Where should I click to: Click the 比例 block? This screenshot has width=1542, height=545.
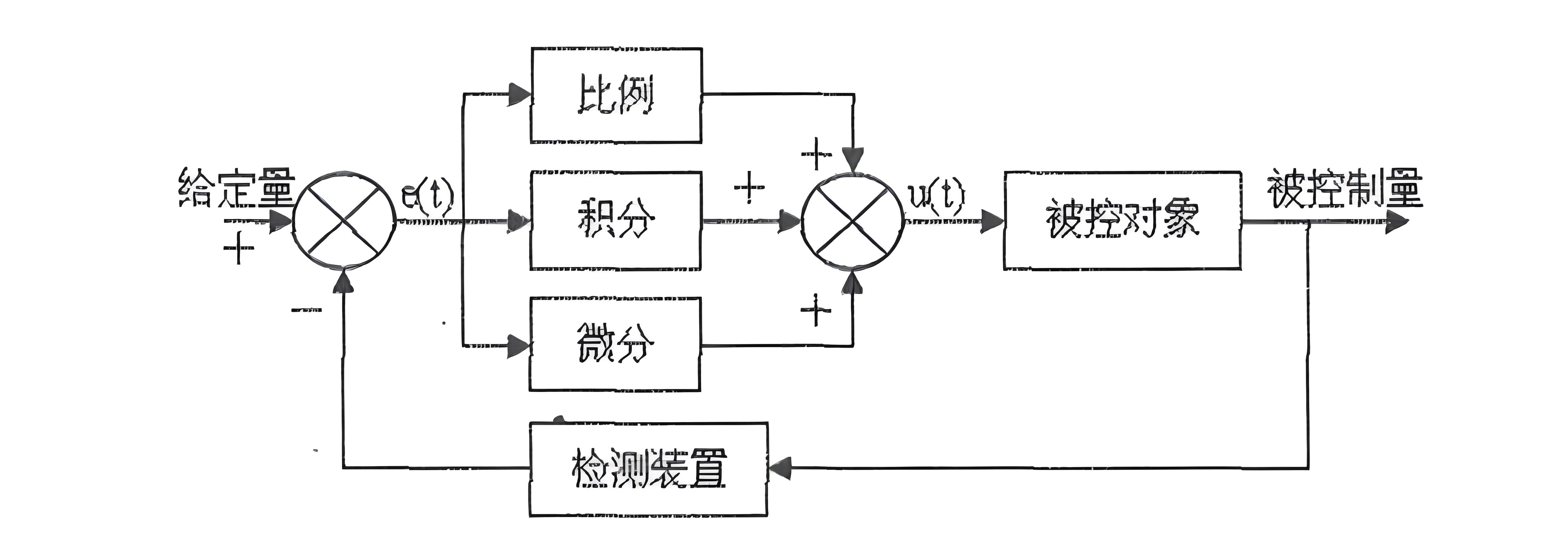[616, 96]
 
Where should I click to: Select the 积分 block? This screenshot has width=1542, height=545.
[616, 220]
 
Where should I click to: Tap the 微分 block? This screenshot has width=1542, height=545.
[615, 345]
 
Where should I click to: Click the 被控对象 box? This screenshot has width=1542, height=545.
[1122, 220]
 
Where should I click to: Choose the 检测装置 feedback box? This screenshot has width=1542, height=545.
[648, 468]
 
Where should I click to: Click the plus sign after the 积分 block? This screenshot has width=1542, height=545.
[749, 187]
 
